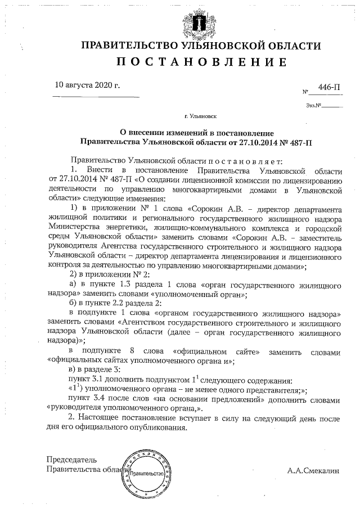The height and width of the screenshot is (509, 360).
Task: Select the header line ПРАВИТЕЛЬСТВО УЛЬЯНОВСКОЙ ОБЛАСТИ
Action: click(x=201, y=46)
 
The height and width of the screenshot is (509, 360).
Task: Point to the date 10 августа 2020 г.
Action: click(x=88, y=87)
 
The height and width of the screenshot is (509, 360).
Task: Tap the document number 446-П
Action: click(x=329, y=87)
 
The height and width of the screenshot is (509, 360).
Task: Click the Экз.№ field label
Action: click(x=313, y=105)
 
